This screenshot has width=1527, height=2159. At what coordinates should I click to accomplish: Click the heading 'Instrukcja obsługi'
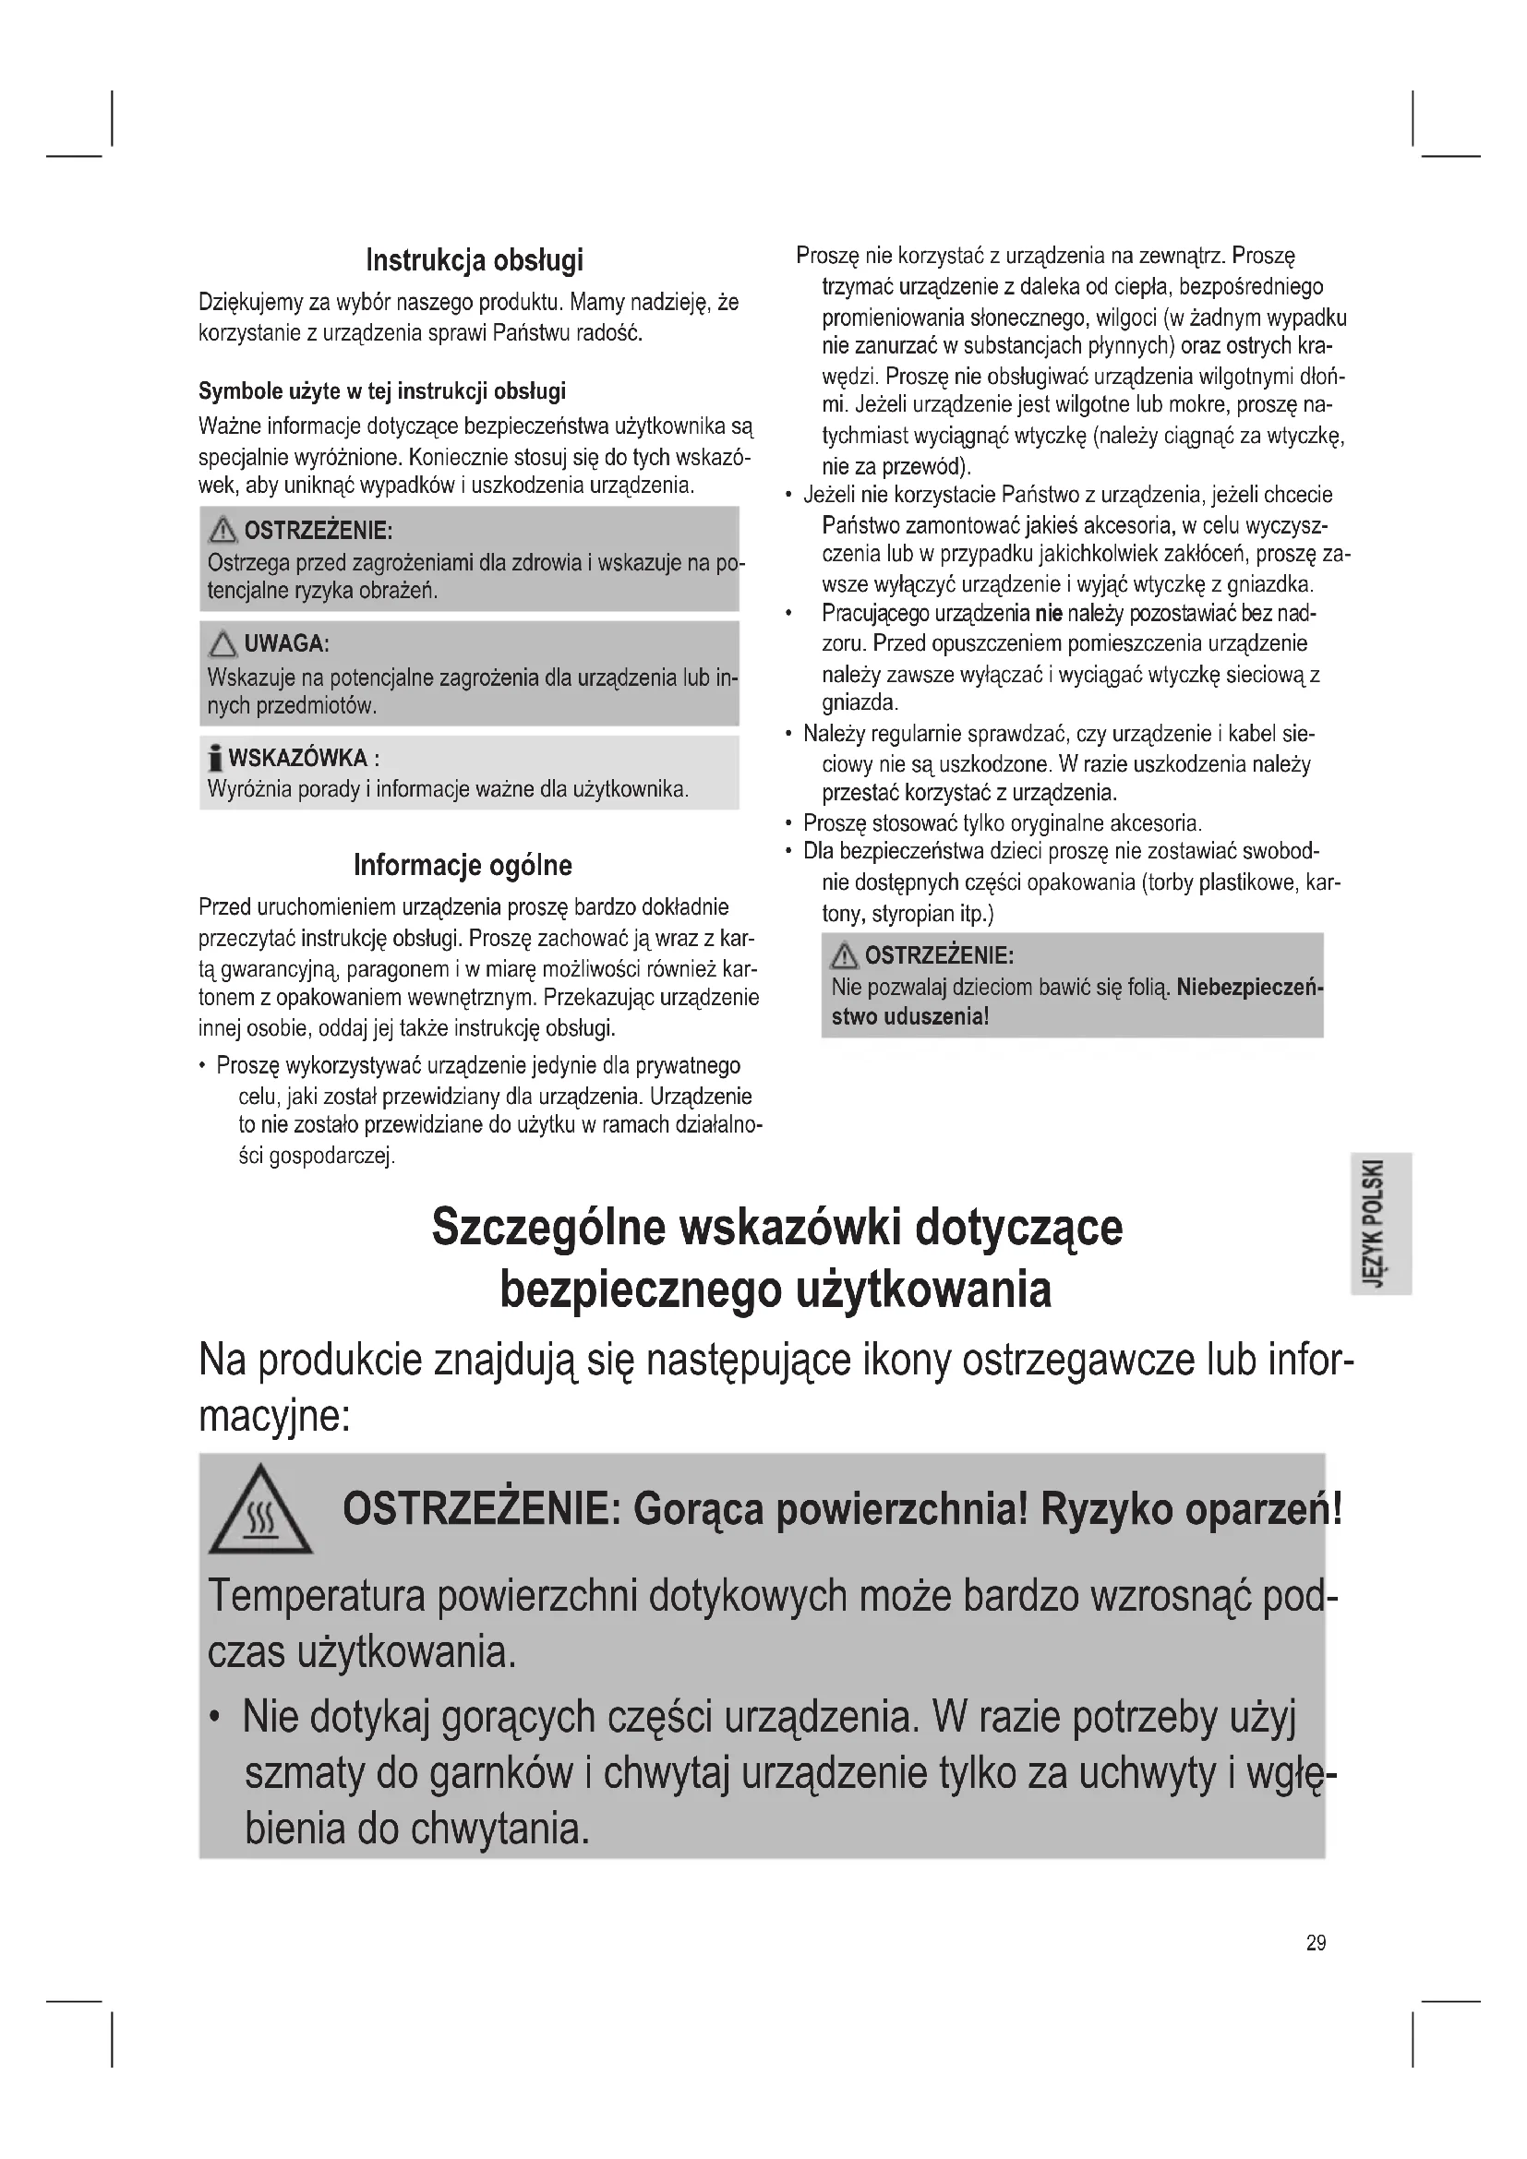pos(474,259)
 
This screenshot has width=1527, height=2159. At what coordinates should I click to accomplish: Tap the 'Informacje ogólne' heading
pos(463,864)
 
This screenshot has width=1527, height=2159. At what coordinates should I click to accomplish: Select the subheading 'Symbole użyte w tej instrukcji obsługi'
pos(382,390)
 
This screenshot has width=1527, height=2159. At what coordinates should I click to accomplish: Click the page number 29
pos(1316,1942)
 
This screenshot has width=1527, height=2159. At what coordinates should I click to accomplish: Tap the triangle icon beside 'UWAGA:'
pos(222,644)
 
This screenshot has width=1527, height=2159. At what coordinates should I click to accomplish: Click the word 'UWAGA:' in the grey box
pos(287,644)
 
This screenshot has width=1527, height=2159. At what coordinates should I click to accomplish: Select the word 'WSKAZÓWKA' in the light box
pos(298,758)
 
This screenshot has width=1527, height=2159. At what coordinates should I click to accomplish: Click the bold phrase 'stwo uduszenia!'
pos(909,1016)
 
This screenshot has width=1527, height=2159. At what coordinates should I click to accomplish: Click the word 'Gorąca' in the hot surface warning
pos(699,1509)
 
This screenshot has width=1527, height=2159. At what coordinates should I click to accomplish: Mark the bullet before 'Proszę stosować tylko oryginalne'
pos(788,823)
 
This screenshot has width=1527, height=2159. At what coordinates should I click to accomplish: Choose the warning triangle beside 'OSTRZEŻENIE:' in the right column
pos(844,956)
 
